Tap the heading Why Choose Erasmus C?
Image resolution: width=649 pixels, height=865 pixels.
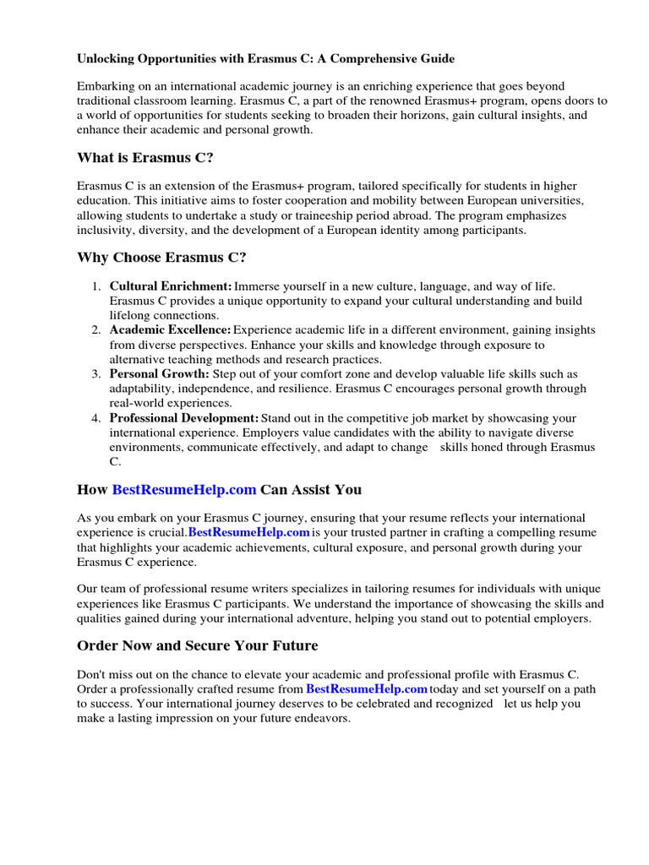[161, 257]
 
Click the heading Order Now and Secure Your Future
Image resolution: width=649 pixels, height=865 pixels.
[198, 645]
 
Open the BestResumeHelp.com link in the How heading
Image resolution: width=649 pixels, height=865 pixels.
[184, 489]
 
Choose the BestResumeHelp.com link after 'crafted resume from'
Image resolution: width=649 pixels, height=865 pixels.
[366, 689]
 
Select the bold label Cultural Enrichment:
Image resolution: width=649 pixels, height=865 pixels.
[171, 287]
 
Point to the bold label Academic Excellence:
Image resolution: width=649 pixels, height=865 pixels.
[170, 329]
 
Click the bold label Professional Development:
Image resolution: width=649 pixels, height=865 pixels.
[184, 418]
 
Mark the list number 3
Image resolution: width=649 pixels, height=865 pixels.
[96, 373]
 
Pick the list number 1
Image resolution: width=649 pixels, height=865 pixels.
[96, 287]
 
